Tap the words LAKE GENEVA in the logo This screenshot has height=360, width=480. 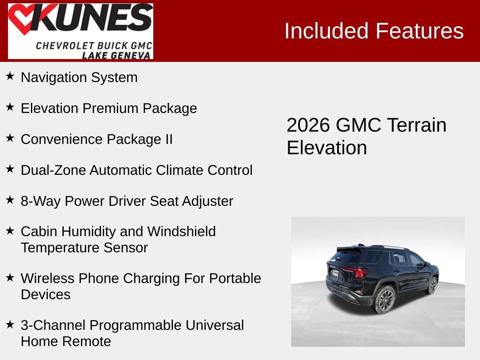(x=117, y=55)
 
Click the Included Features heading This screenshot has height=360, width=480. (x=374, y=31)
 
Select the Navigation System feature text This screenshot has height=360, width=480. (x=79, y=77)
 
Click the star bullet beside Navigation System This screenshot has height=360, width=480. (x=10, y=76)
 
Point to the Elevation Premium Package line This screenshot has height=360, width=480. (x=109, y=108)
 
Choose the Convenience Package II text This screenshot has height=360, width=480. (x=97, y=139)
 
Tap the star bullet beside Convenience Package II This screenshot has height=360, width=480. (x=10, y=138)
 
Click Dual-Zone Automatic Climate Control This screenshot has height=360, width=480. (x=136, y=170)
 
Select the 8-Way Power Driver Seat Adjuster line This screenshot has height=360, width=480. (x=127, y=201)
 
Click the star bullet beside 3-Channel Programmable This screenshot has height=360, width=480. (x=10, y=324)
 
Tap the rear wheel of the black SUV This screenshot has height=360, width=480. (x=384, y=300)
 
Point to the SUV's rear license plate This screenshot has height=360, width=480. (x=335, y=273)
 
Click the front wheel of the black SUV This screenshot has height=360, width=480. (x=433, y=285)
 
